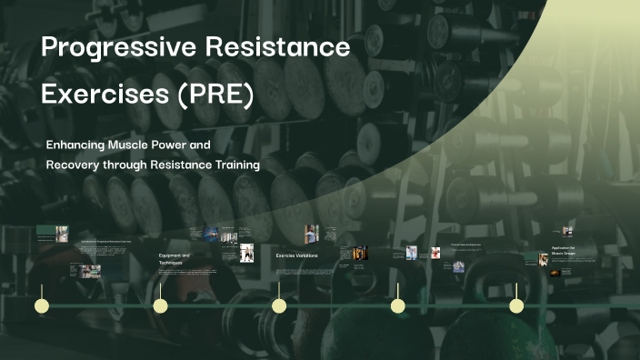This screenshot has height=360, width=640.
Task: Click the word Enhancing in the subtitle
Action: tap(76, 145)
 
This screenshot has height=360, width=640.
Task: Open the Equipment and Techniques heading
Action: tap(175, 259)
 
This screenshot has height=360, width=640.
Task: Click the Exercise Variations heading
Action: tap(297, 255)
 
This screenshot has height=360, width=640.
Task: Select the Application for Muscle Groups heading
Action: tap(563, 251)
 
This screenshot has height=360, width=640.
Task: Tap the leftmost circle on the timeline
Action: tap(41, 305)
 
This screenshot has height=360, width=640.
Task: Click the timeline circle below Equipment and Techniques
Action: tap(160, 305)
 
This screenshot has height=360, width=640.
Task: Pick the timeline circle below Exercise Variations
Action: tap(279, 305)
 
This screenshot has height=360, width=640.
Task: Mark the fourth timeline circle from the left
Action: tap(397, 305)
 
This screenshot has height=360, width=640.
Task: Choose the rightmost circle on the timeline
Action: tap(516, 305)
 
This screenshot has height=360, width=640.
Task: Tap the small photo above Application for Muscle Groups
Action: tap(567, 232)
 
